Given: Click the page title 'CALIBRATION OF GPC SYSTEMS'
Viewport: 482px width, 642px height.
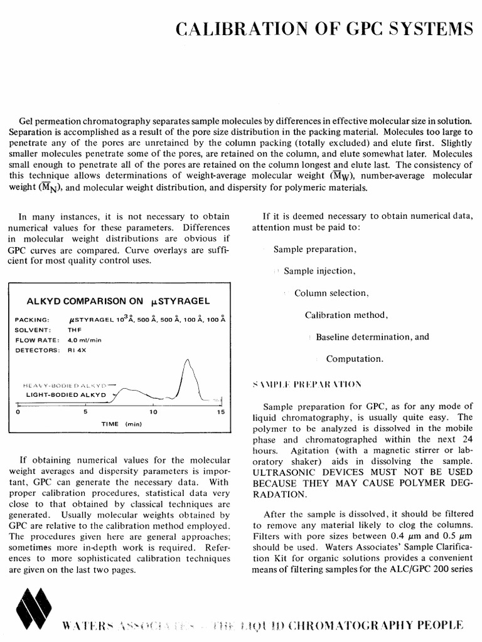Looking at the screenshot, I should click(x=324, y=29).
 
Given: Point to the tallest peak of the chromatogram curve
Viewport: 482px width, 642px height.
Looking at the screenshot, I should click(x=187, y=360).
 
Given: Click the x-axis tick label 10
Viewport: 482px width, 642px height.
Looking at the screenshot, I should click(x=153, y=413).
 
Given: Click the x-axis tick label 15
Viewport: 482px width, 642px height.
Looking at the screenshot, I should click(x=220, y=413).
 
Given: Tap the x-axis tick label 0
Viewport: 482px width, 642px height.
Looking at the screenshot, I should click(x=18, y=413).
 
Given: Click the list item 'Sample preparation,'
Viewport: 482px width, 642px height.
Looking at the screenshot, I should click(x=314, y=249).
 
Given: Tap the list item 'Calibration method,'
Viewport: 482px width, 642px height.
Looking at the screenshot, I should click(x=346, y=315).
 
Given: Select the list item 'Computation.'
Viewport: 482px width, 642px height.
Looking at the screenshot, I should click(x=354, y=359).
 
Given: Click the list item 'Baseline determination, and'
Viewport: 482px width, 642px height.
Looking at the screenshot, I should click(x=372, y=337).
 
